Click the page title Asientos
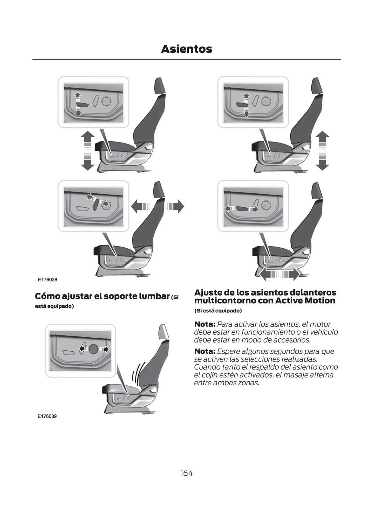[186, 49]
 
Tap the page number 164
[186, 473]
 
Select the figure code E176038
[47, 280]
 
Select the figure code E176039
[47, 416]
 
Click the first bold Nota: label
[205, 324]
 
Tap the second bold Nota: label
[205, 351]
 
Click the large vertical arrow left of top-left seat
[88, 151]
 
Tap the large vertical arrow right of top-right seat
[322, 151]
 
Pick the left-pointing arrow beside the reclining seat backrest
[140, 207]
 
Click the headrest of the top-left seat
[160, 86]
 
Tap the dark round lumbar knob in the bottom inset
[93, 349]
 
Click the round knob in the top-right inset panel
[266, 101]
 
